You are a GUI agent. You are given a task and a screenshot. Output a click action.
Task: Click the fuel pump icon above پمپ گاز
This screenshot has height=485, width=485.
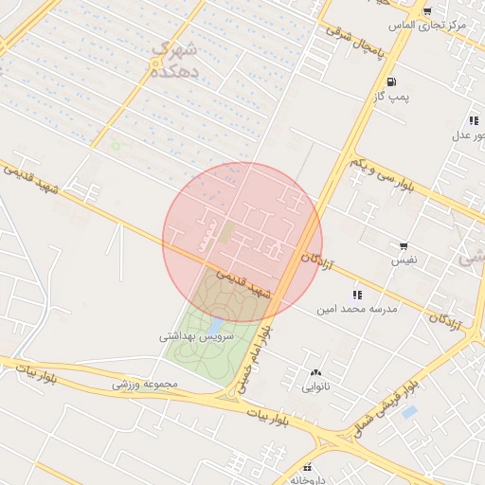391,82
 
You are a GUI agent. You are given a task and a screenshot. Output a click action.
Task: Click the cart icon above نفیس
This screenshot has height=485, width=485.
404,245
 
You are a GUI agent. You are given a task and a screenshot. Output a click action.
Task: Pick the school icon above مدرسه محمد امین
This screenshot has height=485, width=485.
357,295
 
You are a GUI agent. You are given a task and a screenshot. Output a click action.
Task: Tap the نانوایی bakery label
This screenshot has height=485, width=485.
315,386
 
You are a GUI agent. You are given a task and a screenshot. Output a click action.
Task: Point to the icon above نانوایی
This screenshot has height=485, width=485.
315,372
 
